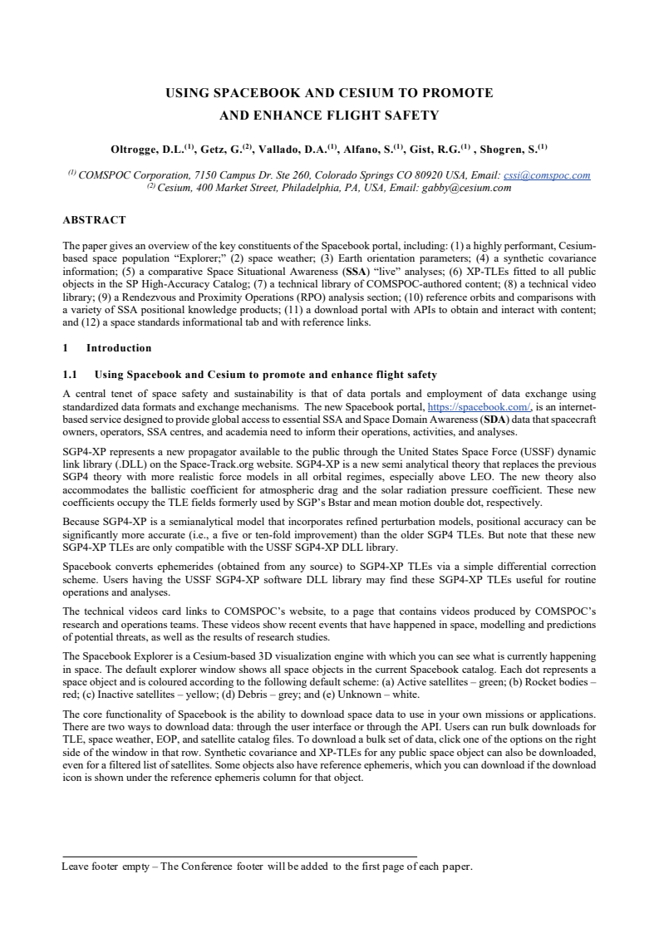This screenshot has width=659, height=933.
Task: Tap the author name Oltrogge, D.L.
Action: (141, 150)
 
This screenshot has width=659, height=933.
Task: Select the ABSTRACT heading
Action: (94, 220)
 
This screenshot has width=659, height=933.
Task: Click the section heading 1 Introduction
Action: (107, 348)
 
